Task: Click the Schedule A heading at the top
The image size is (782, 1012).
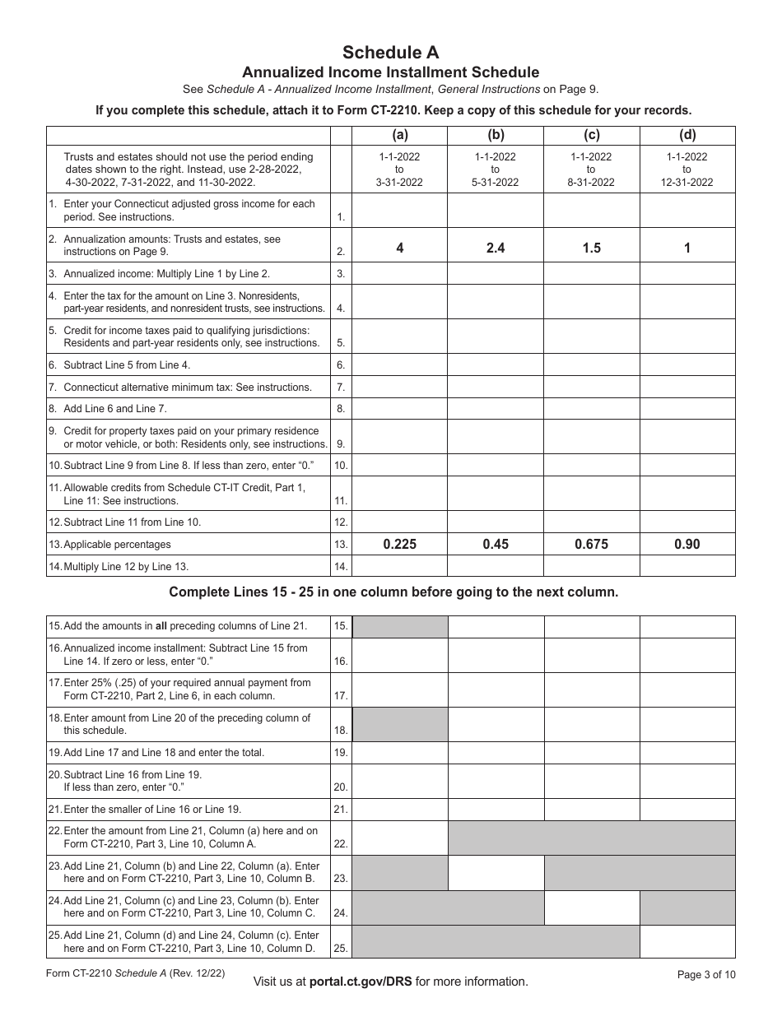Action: pos(390,53)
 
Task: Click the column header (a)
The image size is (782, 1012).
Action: pos(400,136)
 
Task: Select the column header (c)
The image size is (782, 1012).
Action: pos(591,136)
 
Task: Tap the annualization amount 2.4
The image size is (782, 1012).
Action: pos(496,248)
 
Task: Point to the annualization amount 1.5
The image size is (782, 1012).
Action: pos(591,248)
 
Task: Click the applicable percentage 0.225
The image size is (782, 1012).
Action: pos(400,545)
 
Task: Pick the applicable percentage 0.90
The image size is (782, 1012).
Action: pos(687,545)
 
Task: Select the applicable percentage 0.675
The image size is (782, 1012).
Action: pos(591,545)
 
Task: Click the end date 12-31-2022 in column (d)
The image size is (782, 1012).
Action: pos(687,183)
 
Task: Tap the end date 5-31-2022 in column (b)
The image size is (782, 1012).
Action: pos(496,183)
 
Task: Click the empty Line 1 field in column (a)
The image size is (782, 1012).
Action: pos(400,211)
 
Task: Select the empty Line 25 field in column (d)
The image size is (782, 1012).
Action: pos(687,941)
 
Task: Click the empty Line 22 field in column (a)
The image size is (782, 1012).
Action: pos(400,838)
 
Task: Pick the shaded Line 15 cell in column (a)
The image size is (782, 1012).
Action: pos(400,627)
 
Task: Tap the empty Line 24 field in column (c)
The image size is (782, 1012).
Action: pos(591,907)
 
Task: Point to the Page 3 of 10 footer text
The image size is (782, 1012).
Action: pos(706,975)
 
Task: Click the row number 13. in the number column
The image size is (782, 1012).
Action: pos(341,545)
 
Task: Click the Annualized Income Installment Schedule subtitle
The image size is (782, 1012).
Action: pos(390,72)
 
